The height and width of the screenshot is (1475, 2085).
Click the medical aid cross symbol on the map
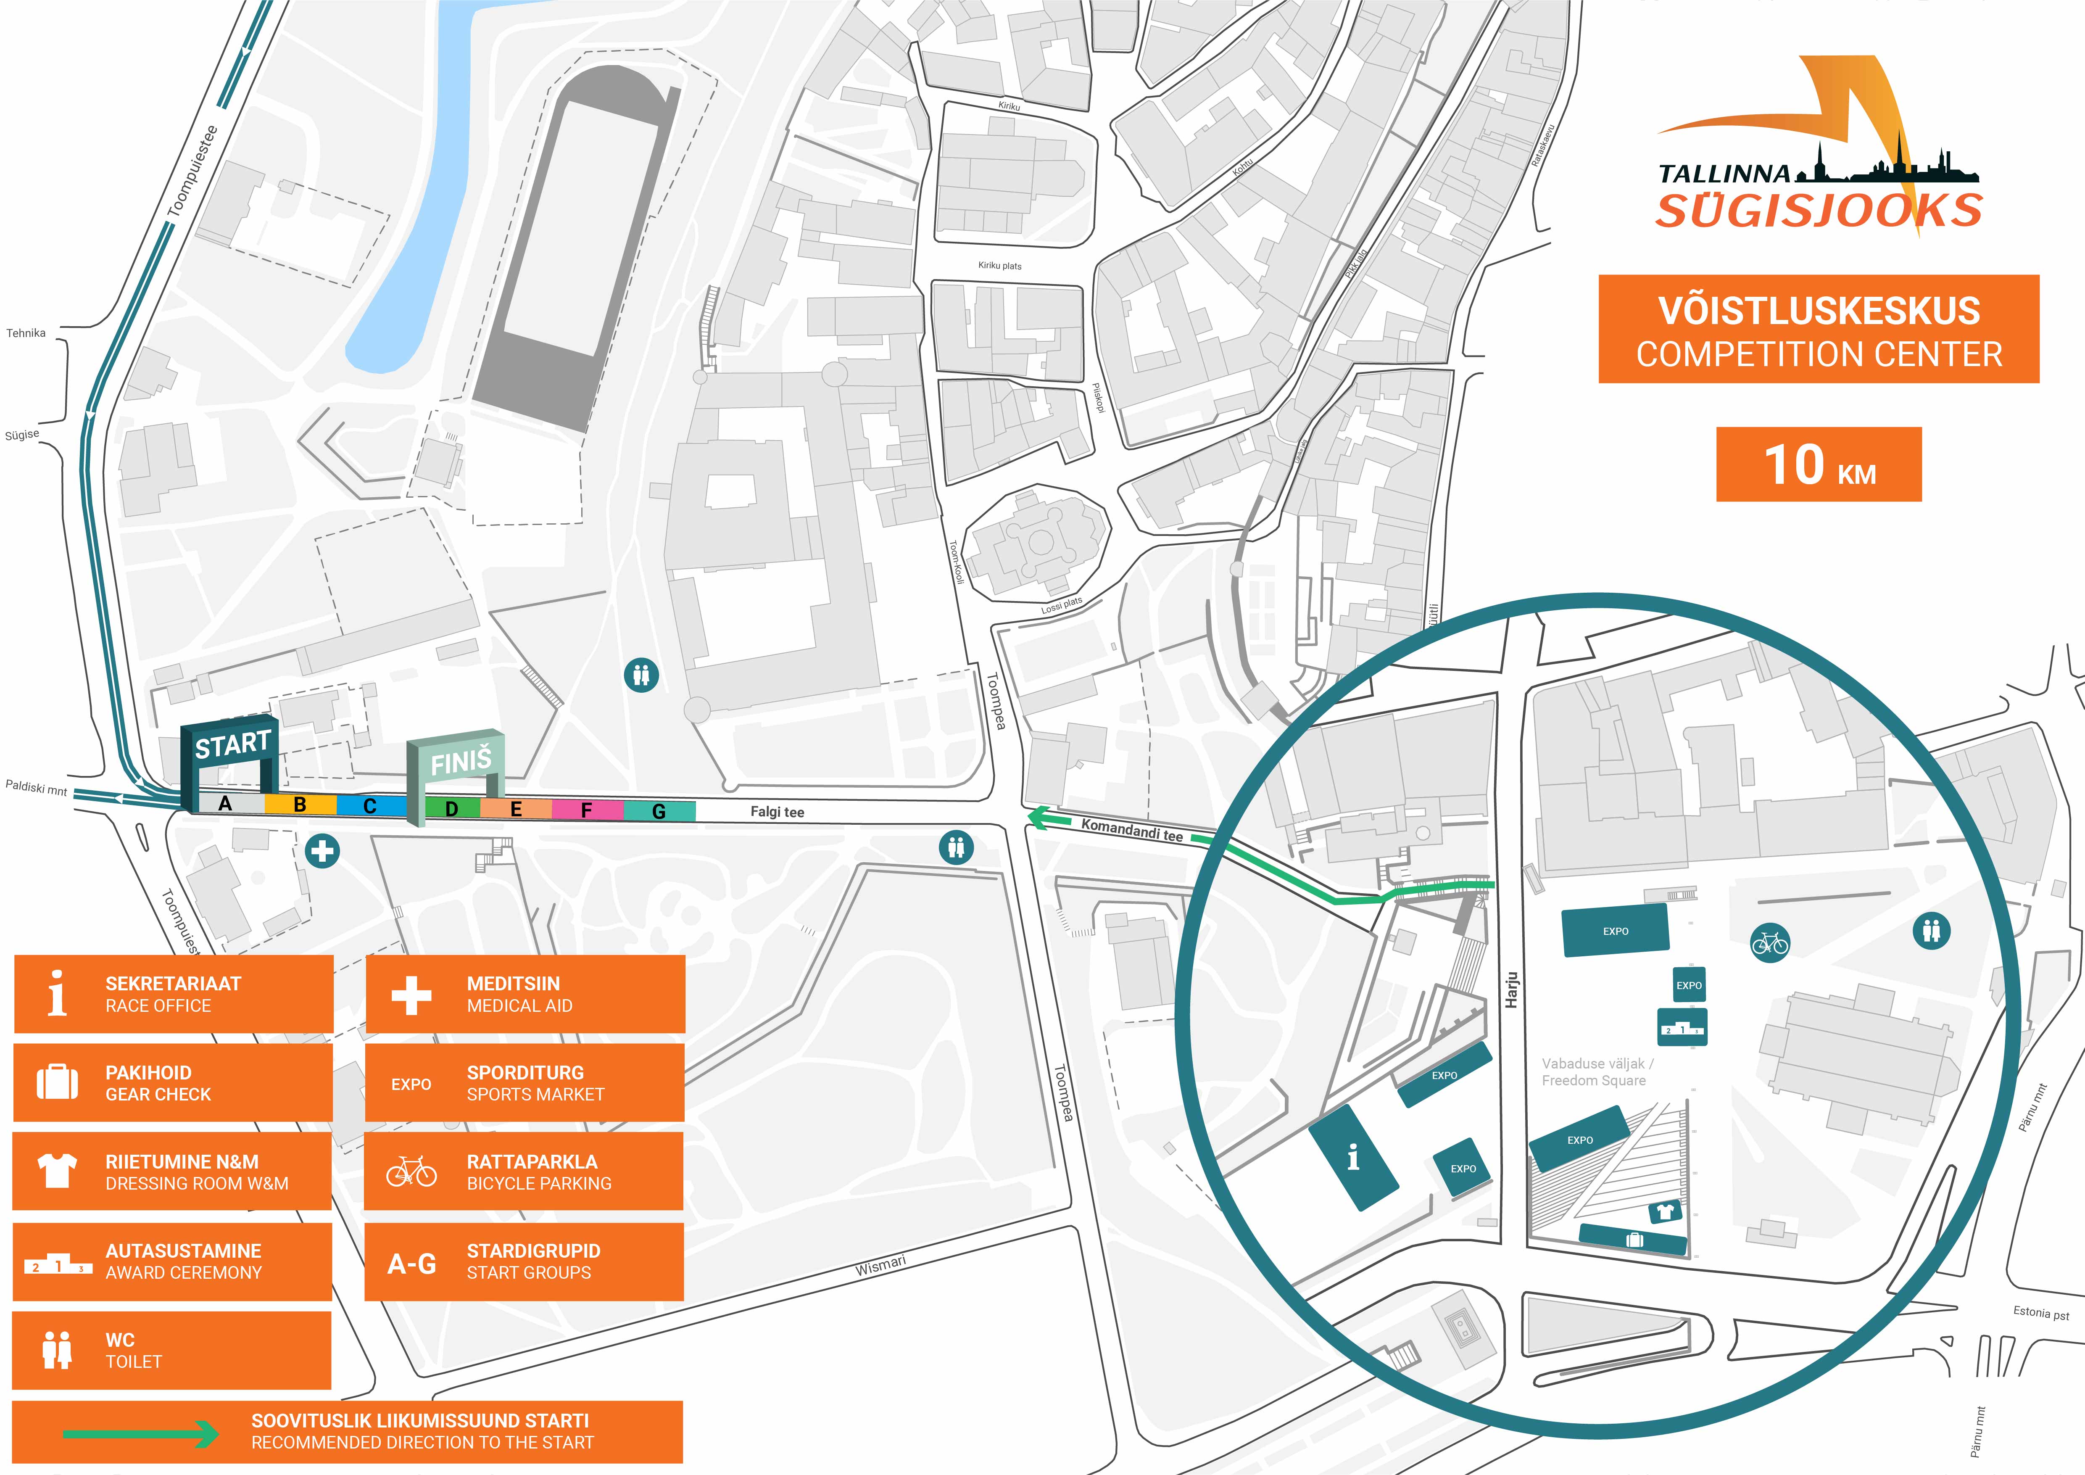pos(322,852)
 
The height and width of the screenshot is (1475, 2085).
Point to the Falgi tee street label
pos(778,812)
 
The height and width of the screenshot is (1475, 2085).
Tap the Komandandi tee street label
pos(1132,830)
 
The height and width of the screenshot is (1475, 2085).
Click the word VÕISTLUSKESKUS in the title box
pos(1819,311)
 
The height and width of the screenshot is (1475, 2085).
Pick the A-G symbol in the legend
pos(411,1264)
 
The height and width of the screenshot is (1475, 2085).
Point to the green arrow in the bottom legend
pos(141,1434)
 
